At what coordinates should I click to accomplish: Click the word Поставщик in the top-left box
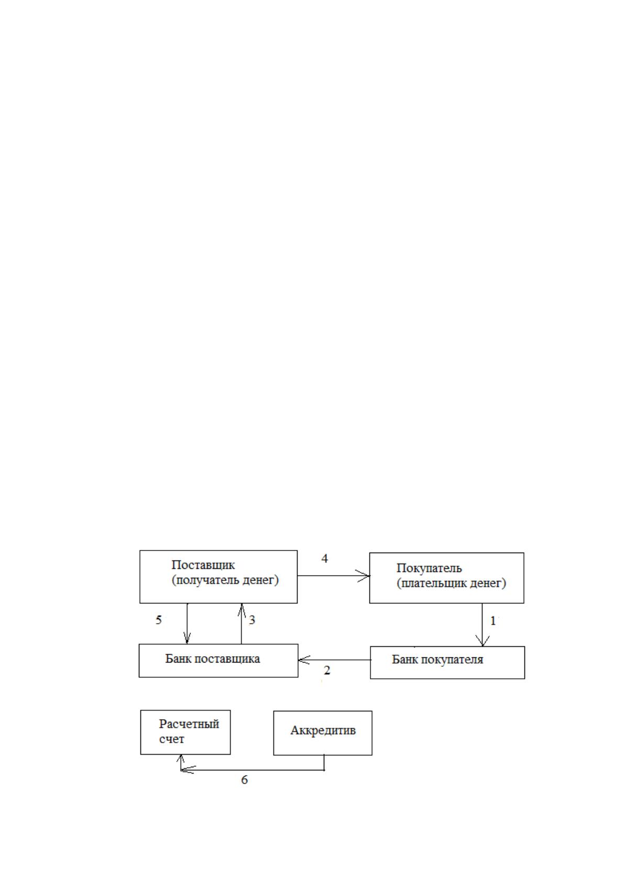(203, 566)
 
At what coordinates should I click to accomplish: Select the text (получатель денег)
(225, 580)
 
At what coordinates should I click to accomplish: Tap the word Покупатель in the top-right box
(429, 568)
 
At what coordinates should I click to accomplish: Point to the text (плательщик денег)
(451, 583)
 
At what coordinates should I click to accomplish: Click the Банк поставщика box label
(212, 659)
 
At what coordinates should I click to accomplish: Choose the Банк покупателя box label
(437, 659)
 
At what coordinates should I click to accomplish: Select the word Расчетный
(189, 724)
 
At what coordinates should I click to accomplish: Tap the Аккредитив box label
(323, 731)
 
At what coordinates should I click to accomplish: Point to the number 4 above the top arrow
(325, 558)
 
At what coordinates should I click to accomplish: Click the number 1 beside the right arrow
(492, 621)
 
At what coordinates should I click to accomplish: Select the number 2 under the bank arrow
(326, 670)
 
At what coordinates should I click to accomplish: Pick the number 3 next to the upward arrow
(251, 620)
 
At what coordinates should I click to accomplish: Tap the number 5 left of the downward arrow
(158, 620)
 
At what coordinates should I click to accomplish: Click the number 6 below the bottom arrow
(244, 780)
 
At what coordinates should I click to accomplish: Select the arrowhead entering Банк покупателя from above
(483, 641)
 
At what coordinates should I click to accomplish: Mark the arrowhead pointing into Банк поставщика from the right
(304, 660)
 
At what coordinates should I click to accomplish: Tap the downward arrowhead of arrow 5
(187, 637)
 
